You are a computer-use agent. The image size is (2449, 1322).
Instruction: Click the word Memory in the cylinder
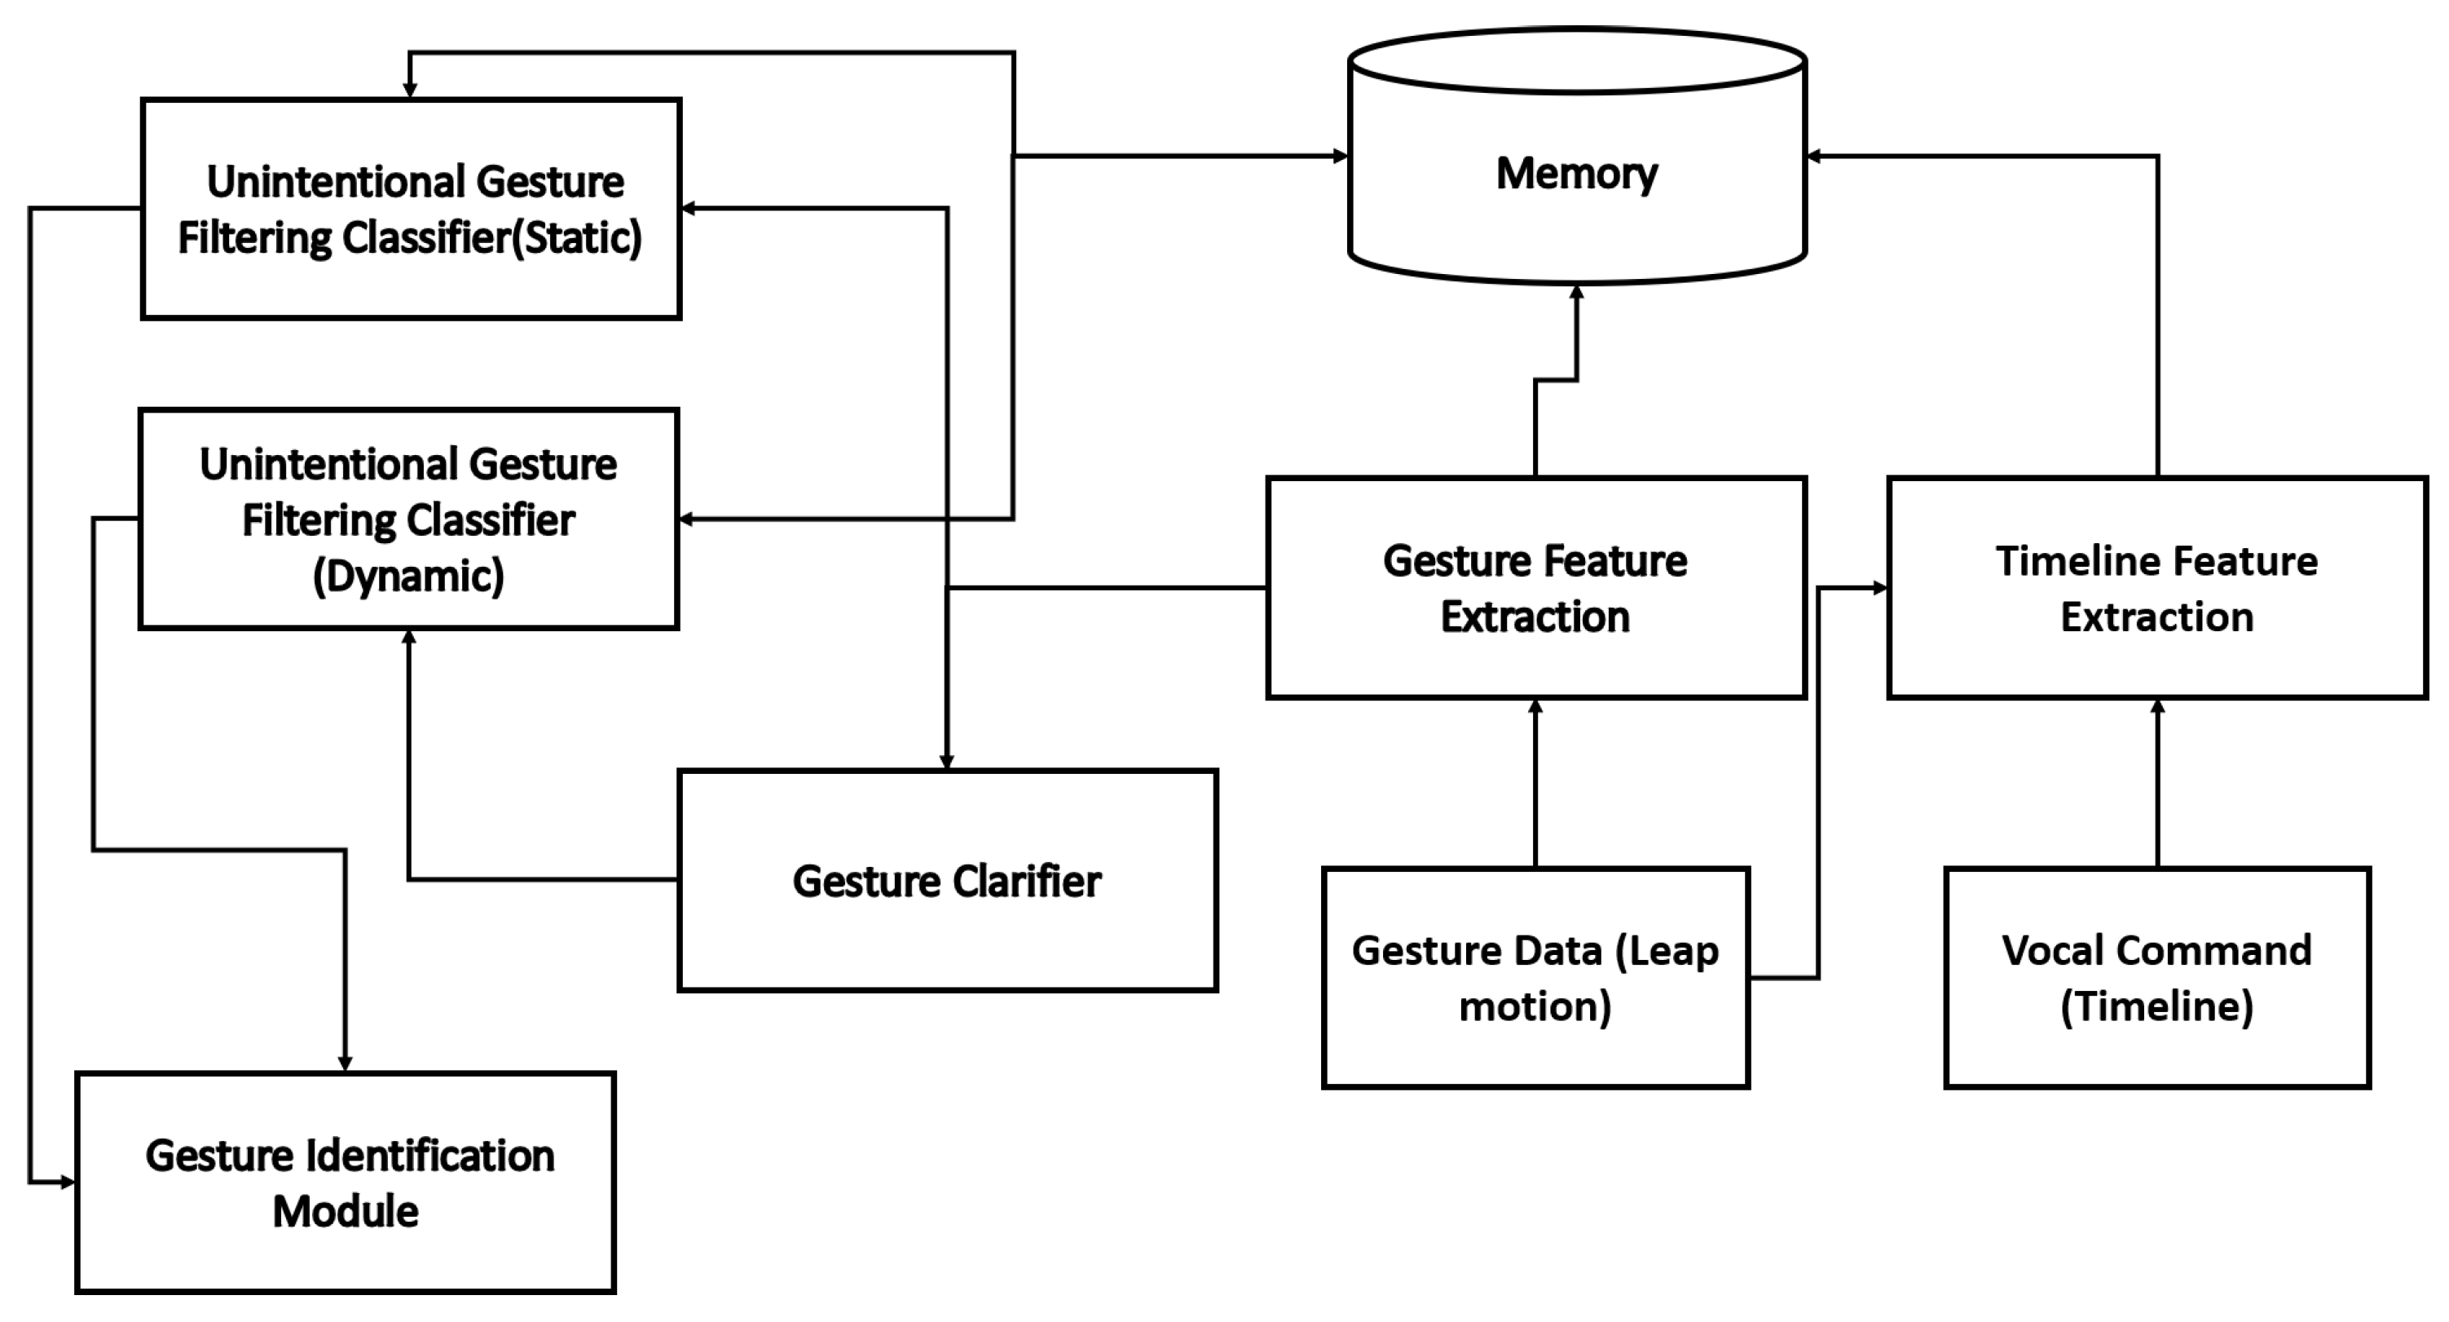click(1576, 174)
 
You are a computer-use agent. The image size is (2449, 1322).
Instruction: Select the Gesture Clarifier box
click(947, 881)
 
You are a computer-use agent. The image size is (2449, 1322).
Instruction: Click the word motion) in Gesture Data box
click(1535, 1006)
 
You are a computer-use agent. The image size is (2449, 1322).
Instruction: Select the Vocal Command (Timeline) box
click(2156, 978)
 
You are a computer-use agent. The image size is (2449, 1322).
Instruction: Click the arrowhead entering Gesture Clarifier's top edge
click(946, 762)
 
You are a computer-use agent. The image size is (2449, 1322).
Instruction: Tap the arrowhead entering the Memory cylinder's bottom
click(1576, 292)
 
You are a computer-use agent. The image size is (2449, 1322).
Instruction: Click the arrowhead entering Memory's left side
click(1341, 156)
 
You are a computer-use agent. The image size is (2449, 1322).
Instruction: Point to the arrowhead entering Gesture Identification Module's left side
click(68, 1183)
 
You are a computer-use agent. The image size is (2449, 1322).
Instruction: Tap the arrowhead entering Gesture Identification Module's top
click(345, 1063)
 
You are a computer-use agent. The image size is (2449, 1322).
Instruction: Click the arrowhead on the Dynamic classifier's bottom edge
click(409, 636)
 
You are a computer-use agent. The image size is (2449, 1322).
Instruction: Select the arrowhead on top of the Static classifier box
click(410, 91)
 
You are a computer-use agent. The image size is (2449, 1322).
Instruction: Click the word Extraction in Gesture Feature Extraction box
click(1535, 617)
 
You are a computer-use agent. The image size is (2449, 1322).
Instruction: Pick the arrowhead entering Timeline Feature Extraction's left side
click(1879, 588)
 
